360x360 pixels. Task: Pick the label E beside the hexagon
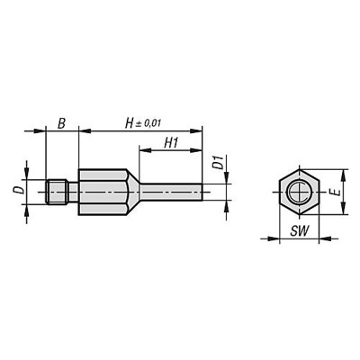click(335, 192)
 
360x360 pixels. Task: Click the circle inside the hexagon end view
click(295, 192)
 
